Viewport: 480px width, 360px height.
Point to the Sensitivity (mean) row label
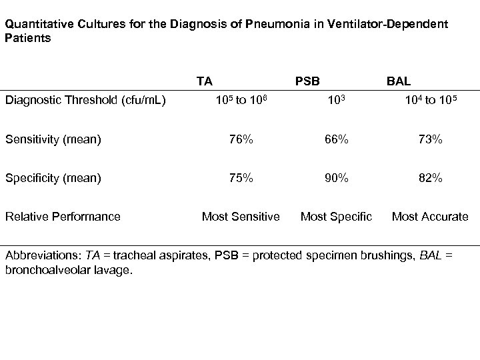53,140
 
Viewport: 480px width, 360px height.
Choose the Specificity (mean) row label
53,178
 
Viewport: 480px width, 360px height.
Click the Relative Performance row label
63,216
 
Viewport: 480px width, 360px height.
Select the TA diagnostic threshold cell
232,101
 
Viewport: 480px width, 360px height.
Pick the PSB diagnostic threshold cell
336,101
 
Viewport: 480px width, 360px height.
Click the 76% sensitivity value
241,140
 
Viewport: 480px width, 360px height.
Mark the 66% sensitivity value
337,140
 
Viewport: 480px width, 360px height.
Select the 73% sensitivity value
430,140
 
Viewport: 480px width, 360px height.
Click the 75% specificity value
241,178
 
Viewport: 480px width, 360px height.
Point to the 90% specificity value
337,178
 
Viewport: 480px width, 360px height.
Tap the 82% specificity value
430,178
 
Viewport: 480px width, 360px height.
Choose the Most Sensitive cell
241,216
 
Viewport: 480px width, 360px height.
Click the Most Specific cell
337,216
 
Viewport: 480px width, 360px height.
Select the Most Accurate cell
430,216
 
